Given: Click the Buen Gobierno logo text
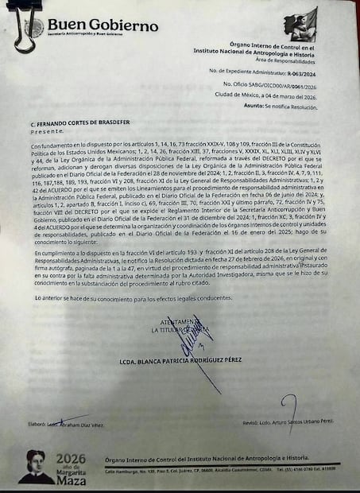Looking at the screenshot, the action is pos(103,25).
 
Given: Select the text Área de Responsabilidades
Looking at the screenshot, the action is pos(281,60).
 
